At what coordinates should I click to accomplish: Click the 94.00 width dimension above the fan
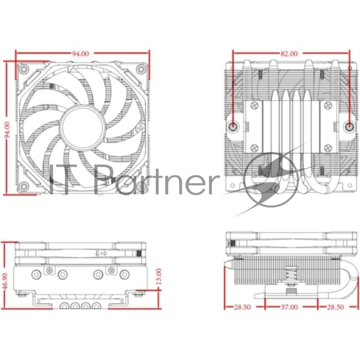81,54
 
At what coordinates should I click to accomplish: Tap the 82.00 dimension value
289,54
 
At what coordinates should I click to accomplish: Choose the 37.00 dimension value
289,308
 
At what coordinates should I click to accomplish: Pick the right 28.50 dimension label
335,308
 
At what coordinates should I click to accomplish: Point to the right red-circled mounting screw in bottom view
350,127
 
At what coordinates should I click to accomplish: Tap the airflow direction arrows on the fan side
100,254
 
